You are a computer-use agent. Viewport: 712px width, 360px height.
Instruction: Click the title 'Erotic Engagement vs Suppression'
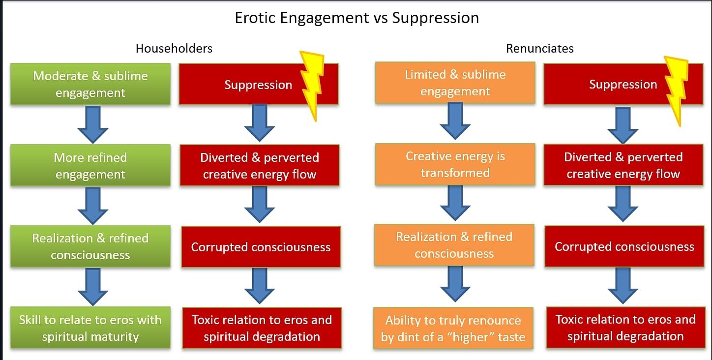pyautogui.click(x=356, y=18)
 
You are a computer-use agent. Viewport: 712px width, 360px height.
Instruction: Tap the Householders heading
pyautogui.click(x=174, y=48)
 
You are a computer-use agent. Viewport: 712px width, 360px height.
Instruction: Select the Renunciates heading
pyautogui.click(x=539, y=48)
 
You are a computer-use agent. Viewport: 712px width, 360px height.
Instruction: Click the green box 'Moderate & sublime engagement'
pyautogui.click(x=90, y=84)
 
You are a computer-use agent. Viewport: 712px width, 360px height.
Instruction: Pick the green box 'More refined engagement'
pyautogui.click(x=90, y=166)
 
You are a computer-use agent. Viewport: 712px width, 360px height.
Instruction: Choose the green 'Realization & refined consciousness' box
pyautogui.click(x=90, y=246)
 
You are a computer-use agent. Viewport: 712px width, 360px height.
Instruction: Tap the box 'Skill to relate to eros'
pyautogui.click(x=90, y=328)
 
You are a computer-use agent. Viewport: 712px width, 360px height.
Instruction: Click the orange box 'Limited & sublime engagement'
pyautogui.click(x=455, y=83)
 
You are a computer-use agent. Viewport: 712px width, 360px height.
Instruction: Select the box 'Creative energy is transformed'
pyautogui.click(x=455, y=164)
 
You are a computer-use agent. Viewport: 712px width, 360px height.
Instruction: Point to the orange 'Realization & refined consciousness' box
pyautogui.click(x=454, y=245)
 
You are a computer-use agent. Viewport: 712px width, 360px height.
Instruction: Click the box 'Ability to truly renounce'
pyautogui.click(x=453, y=329)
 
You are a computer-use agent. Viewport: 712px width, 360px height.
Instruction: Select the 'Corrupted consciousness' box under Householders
pyautogui.click(x=261, y=247)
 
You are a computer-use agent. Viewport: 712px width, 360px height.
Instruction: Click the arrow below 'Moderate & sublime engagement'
pyautogui.click(x=92, y=124)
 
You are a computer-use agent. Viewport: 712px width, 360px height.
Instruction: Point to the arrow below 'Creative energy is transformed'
pyautogui.click(x=455, y=203)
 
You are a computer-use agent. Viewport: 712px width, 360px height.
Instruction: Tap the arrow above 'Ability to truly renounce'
pyautogui.click(x=455, y=284)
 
